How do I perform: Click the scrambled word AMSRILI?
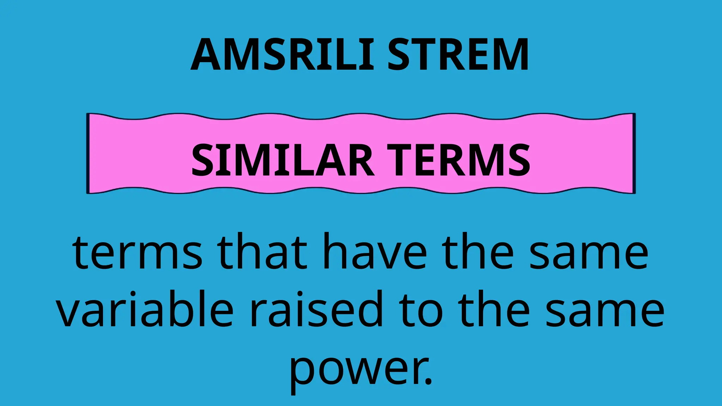click(x=282, y=55)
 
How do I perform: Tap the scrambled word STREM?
click(x=458, y=55)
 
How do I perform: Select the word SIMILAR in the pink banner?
click(x=282, y=160)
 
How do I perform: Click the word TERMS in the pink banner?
click(x=458, y=160)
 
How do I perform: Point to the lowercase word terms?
click(x=137, y=252)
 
